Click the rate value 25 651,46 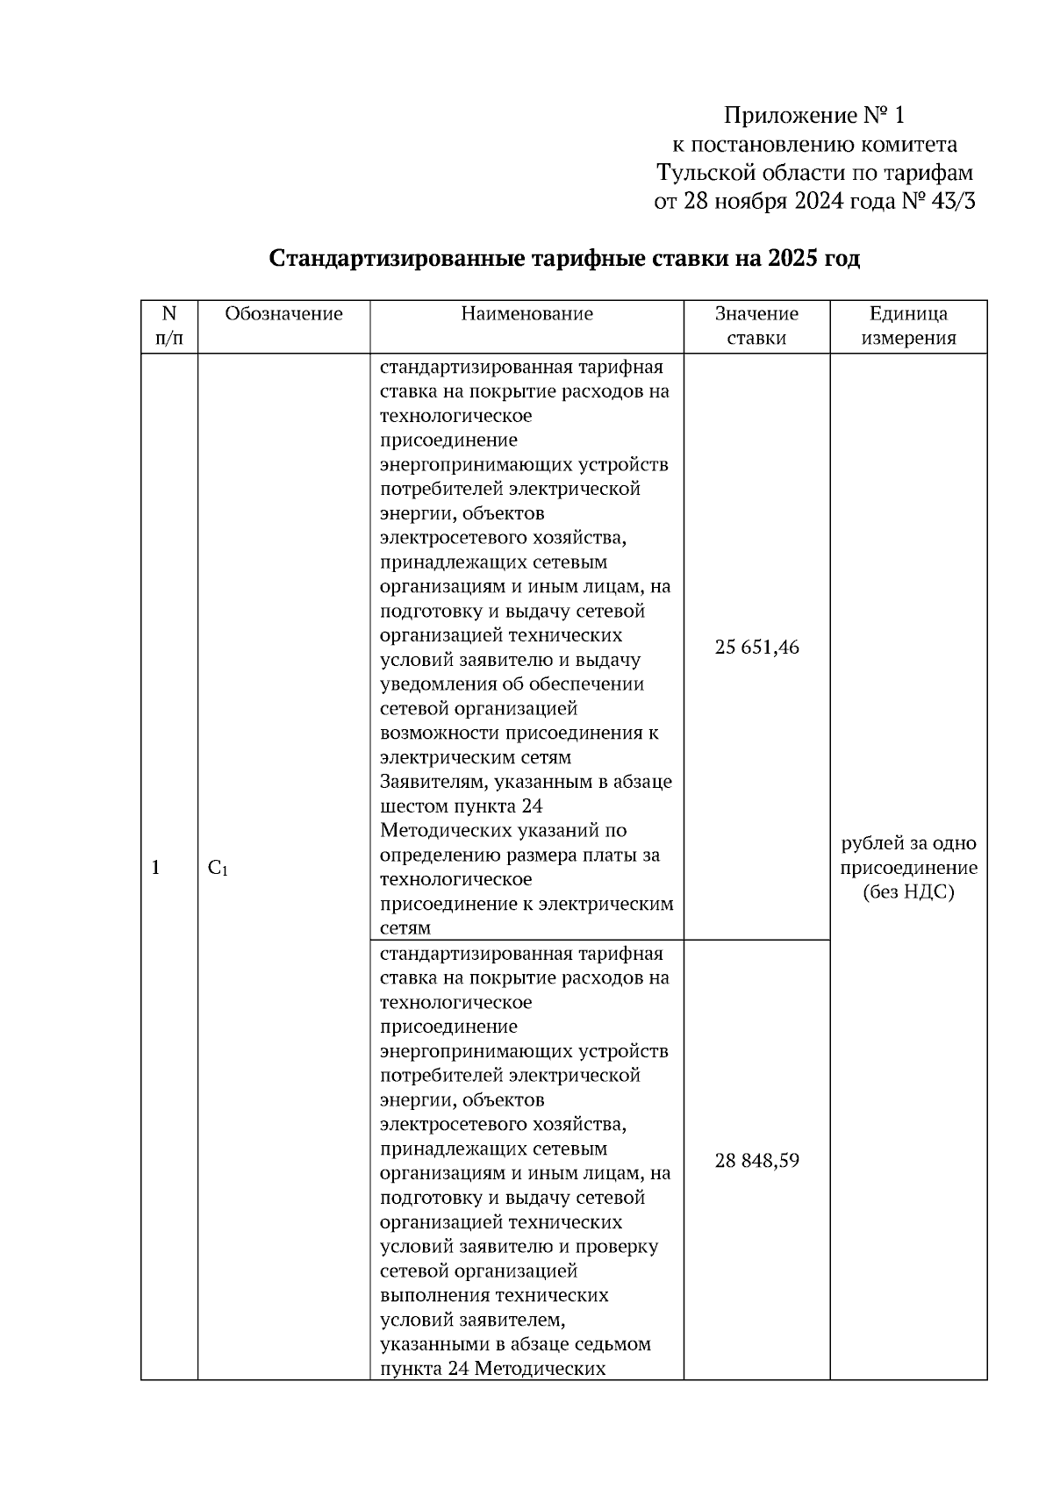[x=756, y=648]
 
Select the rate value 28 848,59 [x=756, y=1161]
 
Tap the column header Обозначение [x=283, y=314]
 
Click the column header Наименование [x=526, y=314]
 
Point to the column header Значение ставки [x=756, y=326]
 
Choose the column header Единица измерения [x=908, y=326]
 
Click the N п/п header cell [x=169, y=326]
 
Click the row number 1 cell [x=156, y=869]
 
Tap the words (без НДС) [x=908, y=893]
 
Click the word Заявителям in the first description [x=429, y=782]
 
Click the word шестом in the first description [x=412, y=806]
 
